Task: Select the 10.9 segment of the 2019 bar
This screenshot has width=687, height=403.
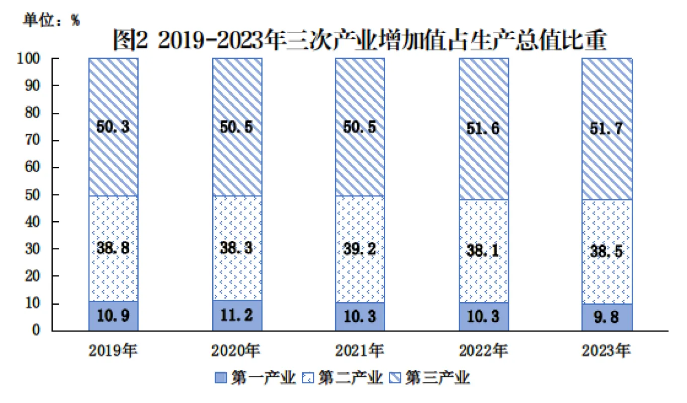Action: click(113, 316)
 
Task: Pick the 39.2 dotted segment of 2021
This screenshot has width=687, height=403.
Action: click(360, 249)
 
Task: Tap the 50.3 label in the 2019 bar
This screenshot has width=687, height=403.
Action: click(113, 127)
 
